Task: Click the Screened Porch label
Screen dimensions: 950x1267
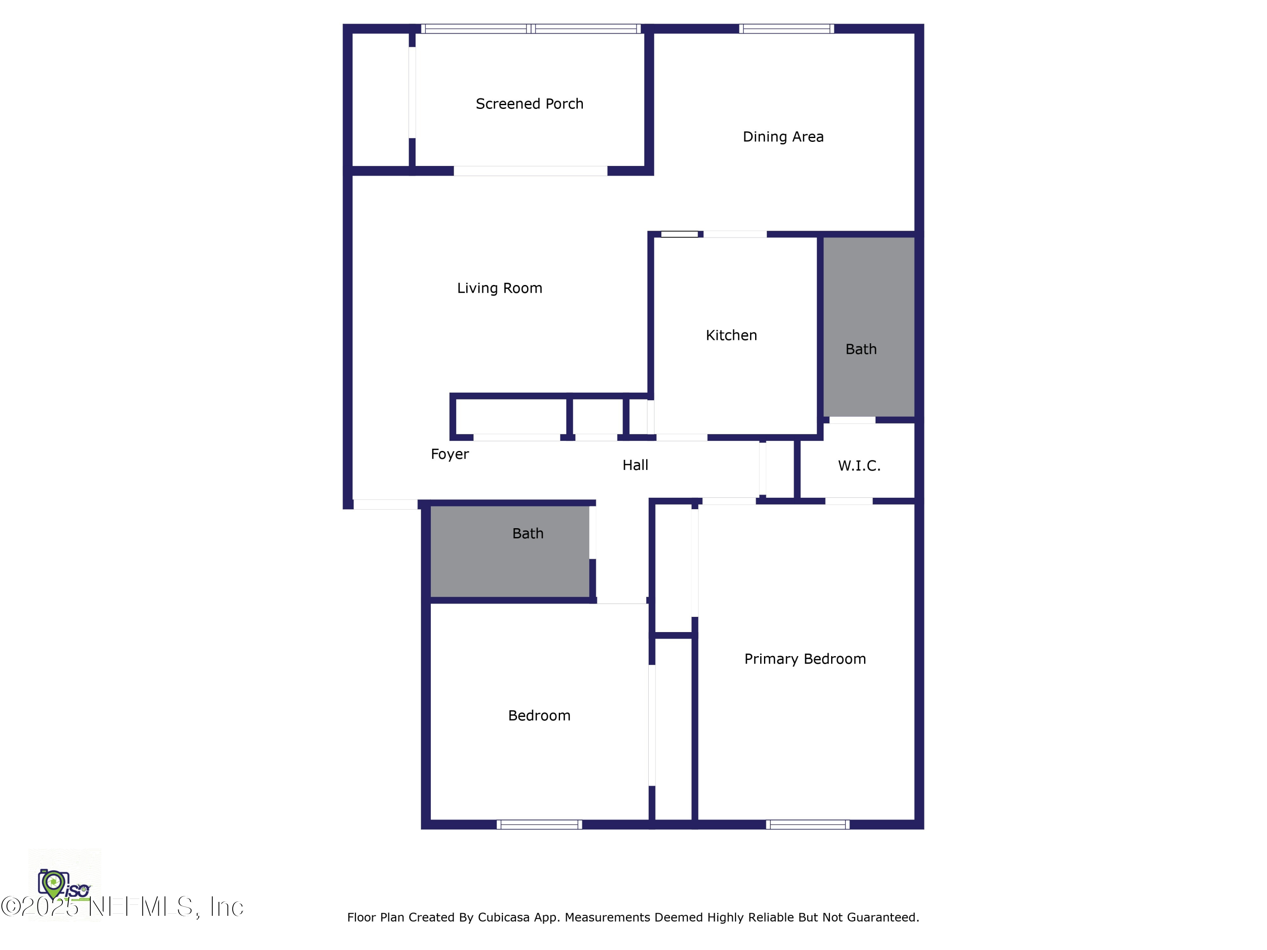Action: [x=529, y=103]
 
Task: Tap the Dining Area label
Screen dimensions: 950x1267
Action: [x=783, y=137]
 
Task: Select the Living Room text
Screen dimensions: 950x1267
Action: [x=500, y=288]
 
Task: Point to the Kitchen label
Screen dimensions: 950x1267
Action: [x=731, y=335]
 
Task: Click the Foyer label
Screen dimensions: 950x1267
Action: [x=450, y=454]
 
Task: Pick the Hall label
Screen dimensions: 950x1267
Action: [x=635, y=465]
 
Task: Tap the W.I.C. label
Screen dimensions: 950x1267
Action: [x=859, y=466]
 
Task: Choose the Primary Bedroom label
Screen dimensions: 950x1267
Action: [x=805, y=659]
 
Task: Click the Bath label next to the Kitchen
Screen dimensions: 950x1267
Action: [x=861, y=349]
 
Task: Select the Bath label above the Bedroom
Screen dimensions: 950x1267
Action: [x=527, y=534]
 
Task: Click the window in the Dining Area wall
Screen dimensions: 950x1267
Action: [x=786, y=29]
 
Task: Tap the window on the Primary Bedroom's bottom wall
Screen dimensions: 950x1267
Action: [x=808, y=825]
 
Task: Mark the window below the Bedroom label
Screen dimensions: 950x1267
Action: [x=539, y=825]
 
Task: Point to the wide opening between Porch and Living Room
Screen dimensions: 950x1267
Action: [x=530, y=171]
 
